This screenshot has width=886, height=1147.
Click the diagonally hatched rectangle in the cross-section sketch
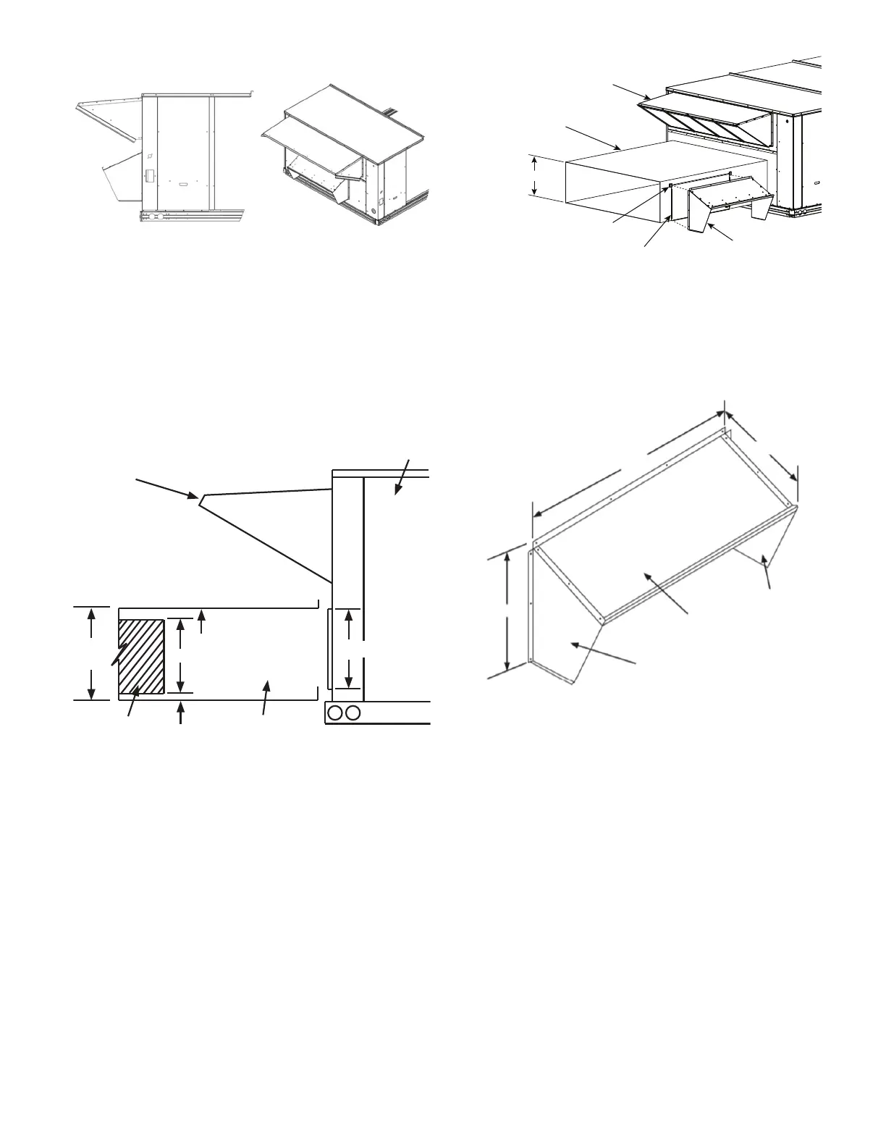(x=141, y=656)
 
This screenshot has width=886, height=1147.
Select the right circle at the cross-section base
(x=353, y=713)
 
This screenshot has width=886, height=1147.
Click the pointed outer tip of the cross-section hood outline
(x=200, y=497)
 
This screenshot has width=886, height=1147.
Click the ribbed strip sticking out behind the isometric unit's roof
(x=392, y=112)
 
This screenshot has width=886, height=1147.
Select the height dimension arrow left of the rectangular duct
(x=534, y=176)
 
